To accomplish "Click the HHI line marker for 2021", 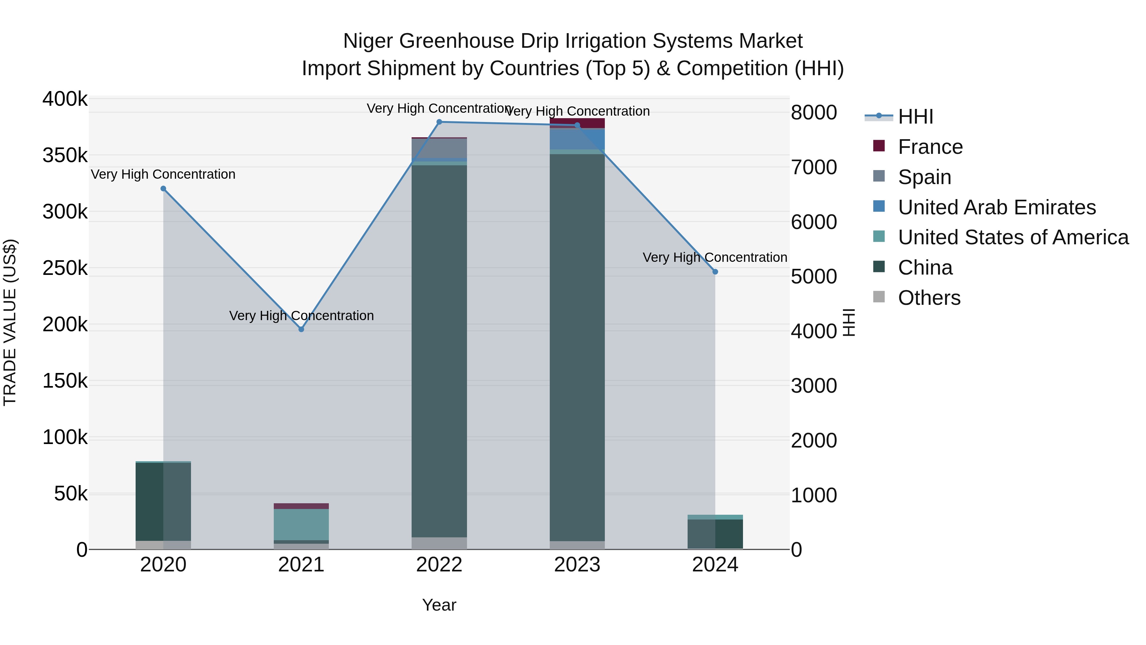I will tap(301, 329).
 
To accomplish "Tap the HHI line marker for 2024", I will tap(715, 271).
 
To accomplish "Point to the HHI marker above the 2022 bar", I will tap(439, 122).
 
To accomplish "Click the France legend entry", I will tap(930, 147).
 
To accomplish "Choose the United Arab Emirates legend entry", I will tap(996, 207).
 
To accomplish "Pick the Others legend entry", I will tap(929, 298).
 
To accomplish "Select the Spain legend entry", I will tap(924, 177).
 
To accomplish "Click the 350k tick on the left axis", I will tap(65, 156).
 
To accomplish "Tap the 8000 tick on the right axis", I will tap(814, 113).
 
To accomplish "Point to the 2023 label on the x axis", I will tap(577, 565).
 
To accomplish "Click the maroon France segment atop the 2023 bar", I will tap(577, 123).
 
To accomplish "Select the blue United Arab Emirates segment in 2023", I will tap(577, 139).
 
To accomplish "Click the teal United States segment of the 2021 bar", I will tap(301, 524).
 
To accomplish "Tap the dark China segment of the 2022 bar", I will tap(439, 352).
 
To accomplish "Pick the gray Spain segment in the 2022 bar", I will tap(439, 148).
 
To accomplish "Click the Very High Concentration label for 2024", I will tap(715, 257).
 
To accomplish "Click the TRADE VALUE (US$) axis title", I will tap(10, 322).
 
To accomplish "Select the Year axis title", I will tap(439, 605).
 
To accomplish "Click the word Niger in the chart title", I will tap(368, 41).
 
